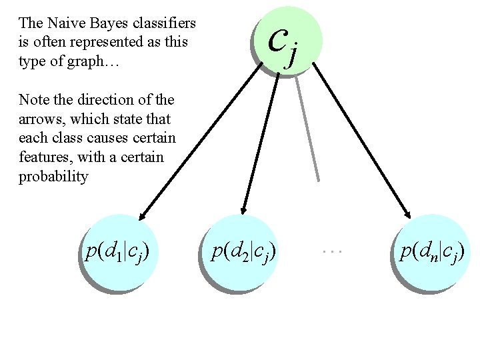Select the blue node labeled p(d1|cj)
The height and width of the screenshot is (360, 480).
pyautogui.click(x=117, y=252)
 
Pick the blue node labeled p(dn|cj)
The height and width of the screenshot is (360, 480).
pyautogui.click(x=432, y=252)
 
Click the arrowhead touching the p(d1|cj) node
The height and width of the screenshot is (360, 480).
pyautogui.click(x=143, y=213)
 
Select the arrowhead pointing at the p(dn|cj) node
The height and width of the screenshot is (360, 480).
pyautogui.click(x=407, y=212)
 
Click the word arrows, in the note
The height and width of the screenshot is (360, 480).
pyautogui.click(x=42, y=119)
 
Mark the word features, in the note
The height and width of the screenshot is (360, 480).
pyautogui.click(x=46, y=158)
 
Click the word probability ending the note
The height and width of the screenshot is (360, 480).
pyautogui.click(x=53, y=177)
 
